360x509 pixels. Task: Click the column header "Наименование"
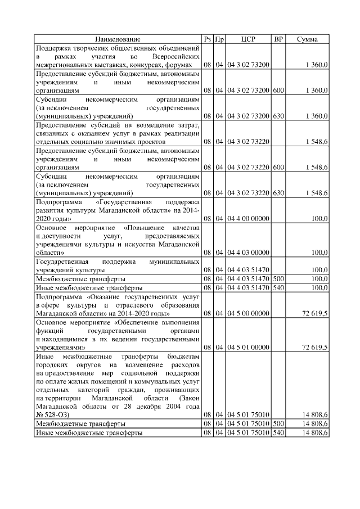click(x=118, y=39)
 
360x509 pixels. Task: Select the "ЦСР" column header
click(x=248, y=39)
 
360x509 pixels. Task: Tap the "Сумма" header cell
click(x=309, y=39)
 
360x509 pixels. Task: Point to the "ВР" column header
click(x=278, y=39)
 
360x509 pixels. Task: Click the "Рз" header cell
click(x=208, y=39)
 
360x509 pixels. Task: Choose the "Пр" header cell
click(x=220, y=39)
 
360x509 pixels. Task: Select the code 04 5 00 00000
click(x=248, y=313)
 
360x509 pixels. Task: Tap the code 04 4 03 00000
click(x=248, y=253)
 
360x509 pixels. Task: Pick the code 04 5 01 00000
click(x=248, y=348)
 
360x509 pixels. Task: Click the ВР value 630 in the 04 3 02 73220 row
click(x=278, y=193)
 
